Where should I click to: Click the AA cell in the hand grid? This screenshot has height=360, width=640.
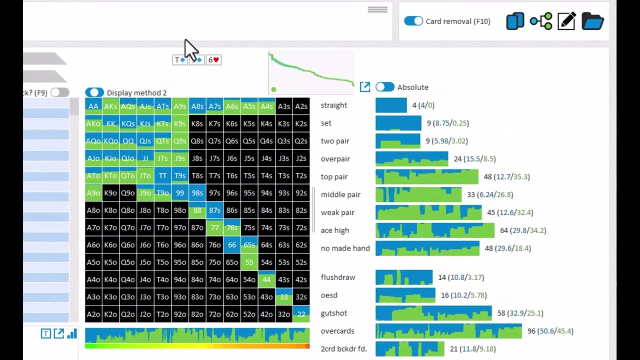coord(93,106)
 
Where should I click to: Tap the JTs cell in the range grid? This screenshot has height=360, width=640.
coord(162,158)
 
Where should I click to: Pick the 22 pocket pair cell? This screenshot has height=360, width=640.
coord(301,314)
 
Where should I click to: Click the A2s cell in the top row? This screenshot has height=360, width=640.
coord(301,106)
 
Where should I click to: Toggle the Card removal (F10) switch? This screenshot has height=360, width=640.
coord(413,21)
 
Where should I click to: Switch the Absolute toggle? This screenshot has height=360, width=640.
coord(384,87)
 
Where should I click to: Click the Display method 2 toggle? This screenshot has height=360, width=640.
coord(94,92)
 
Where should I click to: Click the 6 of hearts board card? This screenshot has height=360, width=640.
coord(213,60)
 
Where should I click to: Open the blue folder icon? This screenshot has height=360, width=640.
coord(592,21)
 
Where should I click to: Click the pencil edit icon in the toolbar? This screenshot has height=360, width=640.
coord(566,21)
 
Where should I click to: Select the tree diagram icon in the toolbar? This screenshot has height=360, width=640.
coord(541,21)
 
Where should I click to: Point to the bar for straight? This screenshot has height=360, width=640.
coord(391,105)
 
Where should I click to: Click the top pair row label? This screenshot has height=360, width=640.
coord(334,177)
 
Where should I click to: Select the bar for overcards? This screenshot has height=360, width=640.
coord(448,331)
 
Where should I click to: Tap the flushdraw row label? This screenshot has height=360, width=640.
coord(338,277)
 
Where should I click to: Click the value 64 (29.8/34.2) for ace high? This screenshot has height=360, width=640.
coord(523,230)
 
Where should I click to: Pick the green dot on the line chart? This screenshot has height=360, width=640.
coord(273,89)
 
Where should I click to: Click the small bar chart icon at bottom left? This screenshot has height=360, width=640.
coord(72,333)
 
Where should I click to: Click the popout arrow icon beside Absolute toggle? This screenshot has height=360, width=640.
coord(365,87)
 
